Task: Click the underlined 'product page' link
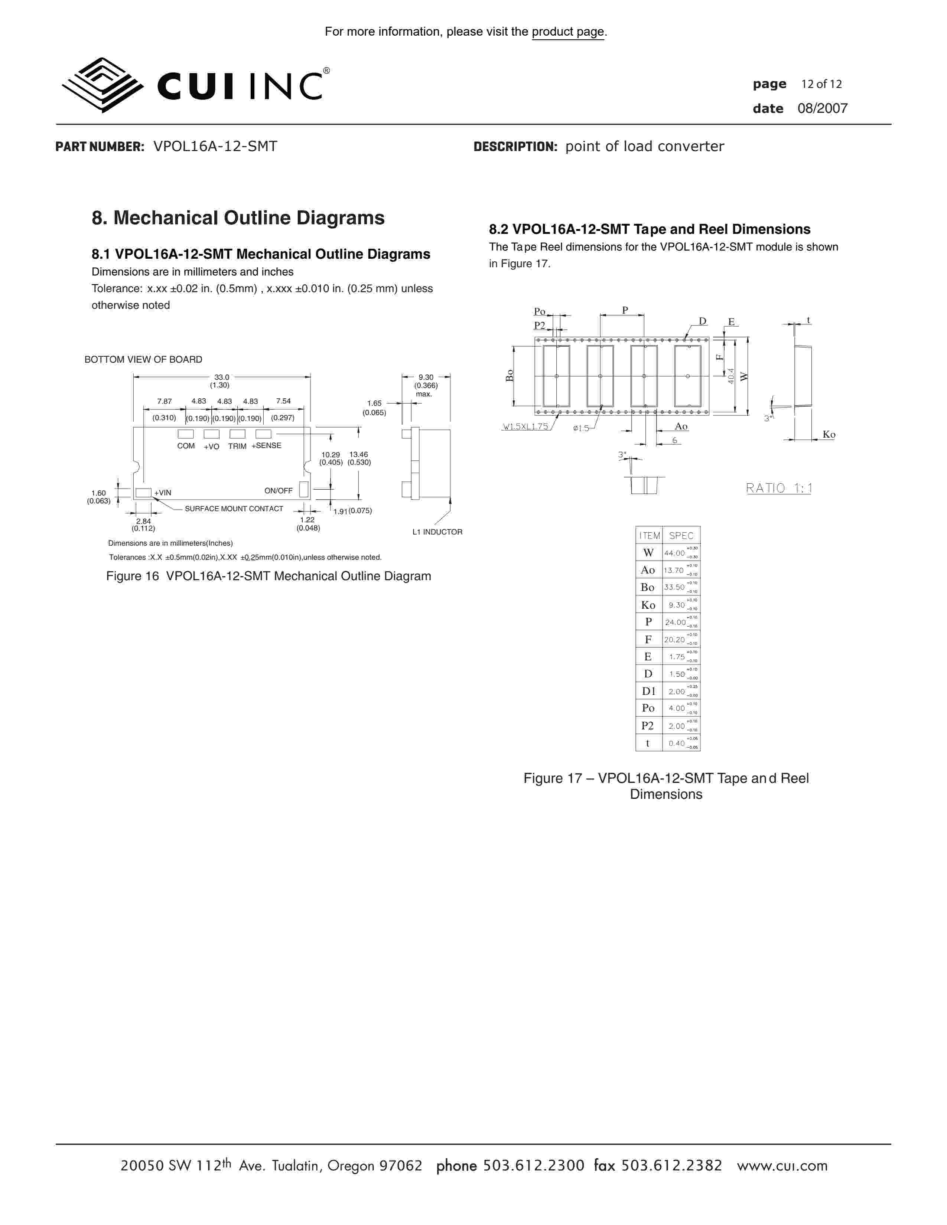568,32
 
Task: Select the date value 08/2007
823,109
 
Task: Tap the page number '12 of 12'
821,84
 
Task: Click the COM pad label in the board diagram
186,446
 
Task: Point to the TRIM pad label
237,447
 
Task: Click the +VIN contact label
163,493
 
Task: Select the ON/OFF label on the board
278,491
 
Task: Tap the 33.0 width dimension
222,378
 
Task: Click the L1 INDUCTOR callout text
437,532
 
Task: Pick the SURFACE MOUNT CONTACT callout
234,509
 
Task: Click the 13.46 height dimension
358,455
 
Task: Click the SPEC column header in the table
681,536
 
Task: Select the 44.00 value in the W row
674,553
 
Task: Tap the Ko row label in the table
648,605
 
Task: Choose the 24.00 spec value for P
675,622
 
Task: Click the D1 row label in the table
648,692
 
